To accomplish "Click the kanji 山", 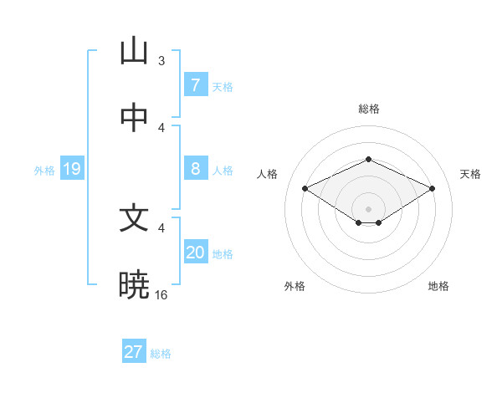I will click(x=134, y=51).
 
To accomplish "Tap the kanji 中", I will click(x=134, y=118).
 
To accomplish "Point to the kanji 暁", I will click(x=134, y=285).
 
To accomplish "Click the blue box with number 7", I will click(x=195, y=84).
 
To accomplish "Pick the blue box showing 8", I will click(x=195, y=169).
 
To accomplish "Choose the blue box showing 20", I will click(x=195, y=253).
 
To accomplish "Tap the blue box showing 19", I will click(x=72, y=170).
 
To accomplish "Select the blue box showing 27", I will click(x=134, y=352).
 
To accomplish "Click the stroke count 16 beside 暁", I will click(x=161, y=294).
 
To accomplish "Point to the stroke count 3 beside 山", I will click(x=161, y=60).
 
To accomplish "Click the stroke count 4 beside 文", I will click(x=161, y=227).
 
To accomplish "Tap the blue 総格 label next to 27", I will click(x=161, y=354).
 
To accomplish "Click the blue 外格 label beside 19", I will click(x=44, y=171).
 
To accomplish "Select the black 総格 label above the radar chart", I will click(x=368, y=109).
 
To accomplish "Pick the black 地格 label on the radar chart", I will click(x=438, y=286).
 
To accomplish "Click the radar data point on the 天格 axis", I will click(x=433, y=188).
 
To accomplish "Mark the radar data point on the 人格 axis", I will click(x=305, y=188).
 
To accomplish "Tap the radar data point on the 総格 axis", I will click(x=368, y=159).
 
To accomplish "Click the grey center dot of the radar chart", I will click(x=368, y=208).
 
